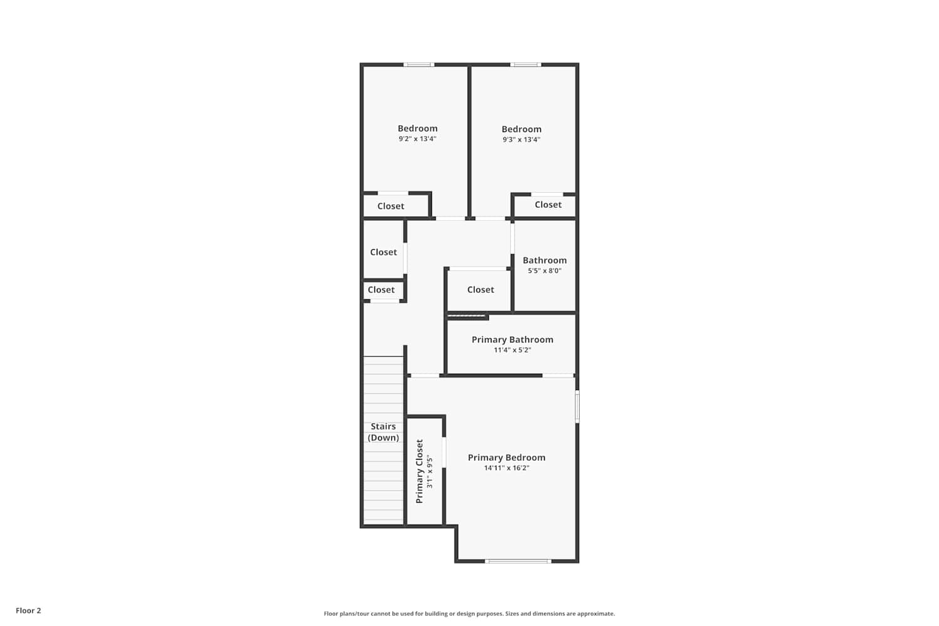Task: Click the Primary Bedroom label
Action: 506,458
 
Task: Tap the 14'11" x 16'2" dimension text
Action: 506,468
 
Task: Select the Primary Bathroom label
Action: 512,340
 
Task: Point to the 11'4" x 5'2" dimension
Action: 512,350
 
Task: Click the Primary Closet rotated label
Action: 419,471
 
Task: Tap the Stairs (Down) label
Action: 383,432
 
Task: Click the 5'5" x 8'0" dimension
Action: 545,271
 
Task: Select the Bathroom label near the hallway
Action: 545,260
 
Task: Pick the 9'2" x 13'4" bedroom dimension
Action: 418,139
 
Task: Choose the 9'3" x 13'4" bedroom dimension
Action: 521,140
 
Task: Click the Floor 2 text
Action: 29,610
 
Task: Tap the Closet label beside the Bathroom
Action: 480,290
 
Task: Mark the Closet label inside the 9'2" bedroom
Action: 391,206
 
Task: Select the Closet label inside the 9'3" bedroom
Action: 548,205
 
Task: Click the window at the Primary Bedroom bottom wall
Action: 518,561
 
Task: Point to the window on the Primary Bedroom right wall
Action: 577,406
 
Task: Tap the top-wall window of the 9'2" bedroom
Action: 419,64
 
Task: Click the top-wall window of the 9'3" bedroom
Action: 526,64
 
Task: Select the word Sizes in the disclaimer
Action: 512,613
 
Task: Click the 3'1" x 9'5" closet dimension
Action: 429,472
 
